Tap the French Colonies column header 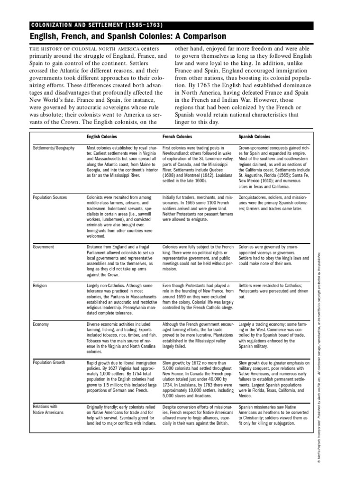pyautogui.click(x=178, y=136)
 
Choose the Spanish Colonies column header pyautogui.click(x=255, y=136)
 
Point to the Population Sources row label pyautogui.click(x=50, y=197)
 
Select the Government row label pyautogui.click(x=44, y=247)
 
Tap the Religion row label pyautogui.click(x=40, y=286)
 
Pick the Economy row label pyautogui.click(x=41, y=324)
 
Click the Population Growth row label pyautogui.click(x=50, y=363)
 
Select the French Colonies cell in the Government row pyautogui.click(x=198, y=258)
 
